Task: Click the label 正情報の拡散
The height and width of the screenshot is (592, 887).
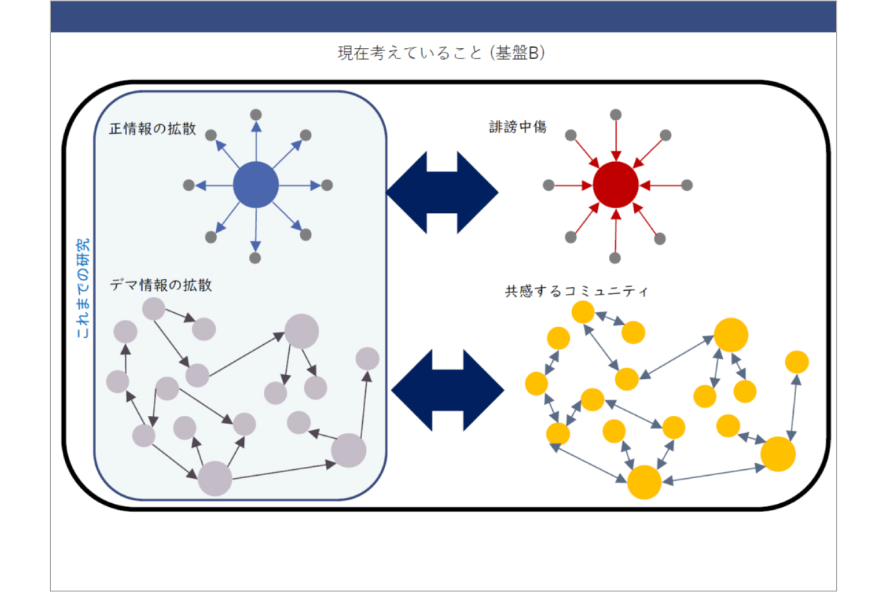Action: pyautogui.click(x=153, y=128)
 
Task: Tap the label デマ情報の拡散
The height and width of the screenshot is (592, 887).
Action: pyautogui.click(x=161, y=285)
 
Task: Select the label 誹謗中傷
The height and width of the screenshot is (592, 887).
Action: pyautogui.click(x=513, y=127)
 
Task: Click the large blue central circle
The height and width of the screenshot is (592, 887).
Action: pyautogui.click(x=255, y=185)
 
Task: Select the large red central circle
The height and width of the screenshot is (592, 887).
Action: pyautogui.click(x=615, y=185)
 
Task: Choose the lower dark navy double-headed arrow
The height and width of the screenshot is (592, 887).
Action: pyautogui.click(x=446, y=390)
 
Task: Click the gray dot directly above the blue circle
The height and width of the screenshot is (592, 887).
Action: pyautogui.click(x=255, y=114)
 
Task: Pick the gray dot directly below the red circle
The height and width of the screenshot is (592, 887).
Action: pyautogui.click(x=615, y=258)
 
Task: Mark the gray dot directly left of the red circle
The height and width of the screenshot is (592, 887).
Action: pyautogui.click(x=548, y=185)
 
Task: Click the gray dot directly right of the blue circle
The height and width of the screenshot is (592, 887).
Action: pyautogui.click(x=327, y=185)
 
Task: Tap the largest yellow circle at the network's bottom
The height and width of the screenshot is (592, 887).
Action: pyautogui.click(x=644, y=482)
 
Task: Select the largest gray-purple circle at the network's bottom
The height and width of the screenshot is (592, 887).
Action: pyautogui.click(x=215, y=478)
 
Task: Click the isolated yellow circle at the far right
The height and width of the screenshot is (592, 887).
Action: pyautogui.click(x=796, y=362)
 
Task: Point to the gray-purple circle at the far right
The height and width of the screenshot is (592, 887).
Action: pyautogui.click(x=367, y=359)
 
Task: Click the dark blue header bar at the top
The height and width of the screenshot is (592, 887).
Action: pyautogui.click(x=443, y=16)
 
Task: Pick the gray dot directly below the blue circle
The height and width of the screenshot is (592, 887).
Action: pyautogui.click(x=255, y=258)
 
